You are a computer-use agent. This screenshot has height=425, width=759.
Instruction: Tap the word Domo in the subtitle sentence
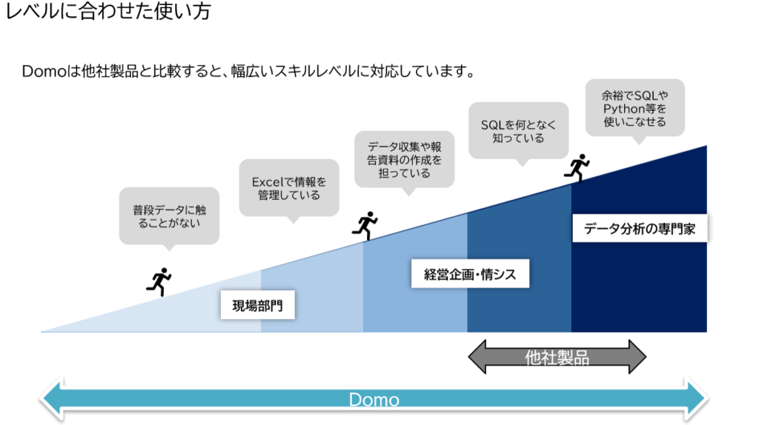(44, 72)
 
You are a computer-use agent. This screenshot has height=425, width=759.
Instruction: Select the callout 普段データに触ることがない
(169, 217)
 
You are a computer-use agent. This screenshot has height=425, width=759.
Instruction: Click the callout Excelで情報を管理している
(289, 189)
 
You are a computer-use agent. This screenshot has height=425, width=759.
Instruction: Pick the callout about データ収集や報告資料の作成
(404, 160)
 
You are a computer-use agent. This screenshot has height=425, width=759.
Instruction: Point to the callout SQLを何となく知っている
(518, 132)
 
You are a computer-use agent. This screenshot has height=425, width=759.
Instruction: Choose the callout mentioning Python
(634, 109)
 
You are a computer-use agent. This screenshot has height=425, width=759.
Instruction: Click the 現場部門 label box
(257, 305)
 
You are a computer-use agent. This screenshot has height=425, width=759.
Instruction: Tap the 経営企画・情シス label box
(470, 274)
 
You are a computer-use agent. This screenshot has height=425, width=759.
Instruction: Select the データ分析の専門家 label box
(640, 228)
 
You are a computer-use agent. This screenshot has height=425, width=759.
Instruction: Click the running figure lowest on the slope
(159, 281)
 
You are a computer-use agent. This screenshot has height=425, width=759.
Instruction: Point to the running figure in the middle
(365, 225)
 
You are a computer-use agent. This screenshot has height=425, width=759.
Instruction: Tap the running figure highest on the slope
(577, 168)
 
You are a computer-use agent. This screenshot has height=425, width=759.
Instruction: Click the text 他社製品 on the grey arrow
(557, 358)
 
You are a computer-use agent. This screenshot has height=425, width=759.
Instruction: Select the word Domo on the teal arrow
(374, 400)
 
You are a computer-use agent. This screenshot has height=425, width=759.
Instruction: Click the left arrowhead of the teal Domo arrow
(51, 399)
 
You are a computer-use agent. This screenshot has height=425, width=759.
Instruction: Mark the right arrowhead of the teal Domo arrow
(696, 399)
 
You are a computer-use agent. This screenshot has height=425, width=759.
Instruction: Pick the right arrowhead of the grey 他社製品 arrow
(637, 357)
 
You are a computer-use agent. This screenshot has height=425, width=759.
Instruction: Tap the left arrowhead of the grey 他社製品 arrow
(477, 357)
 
